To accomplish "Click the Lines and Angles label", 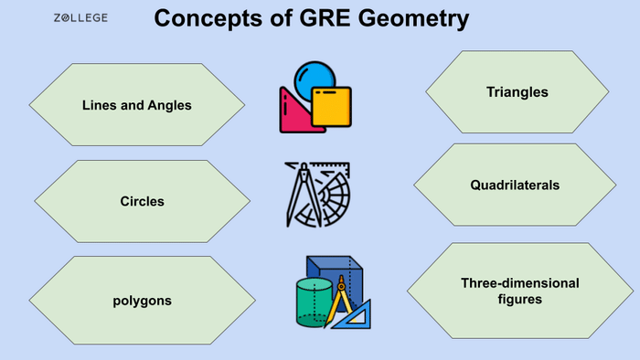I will (x=136, y=105).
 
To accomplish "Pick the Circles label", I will (x=142, y=201).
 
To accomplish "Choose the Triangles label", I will (x=517, y=92).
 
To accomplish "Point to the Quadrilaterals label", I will (x=515, y=185).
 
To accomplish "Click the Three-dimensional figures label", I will (x=519, y=291).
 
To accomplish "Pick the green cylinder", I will (x=314, y=302).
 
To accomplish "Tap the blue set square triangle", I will (x=358, y=315).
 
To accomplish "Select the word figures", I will (x=519, y=299).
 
